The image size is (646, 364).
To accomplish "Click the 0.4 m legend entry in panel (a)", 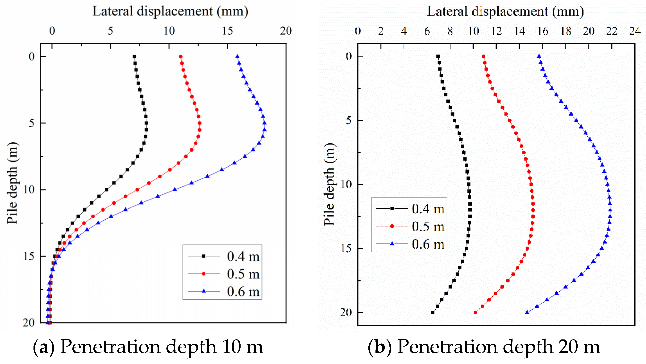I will [x=243, y=256].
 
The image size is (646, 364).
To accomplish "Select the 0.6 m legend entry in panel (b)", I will [x=428, y=244].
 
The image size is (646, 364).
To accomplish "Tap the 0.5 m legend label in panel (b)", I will [x=428, y=226].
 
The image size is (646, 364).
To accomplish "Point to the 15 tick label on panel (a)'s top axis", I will [x=227, y=31].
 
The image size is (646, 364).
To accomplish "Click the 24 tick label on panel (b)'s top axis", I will [x=635, y=31].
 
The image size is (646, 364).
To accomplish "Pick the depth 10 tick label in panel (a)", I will [x=28, y=190].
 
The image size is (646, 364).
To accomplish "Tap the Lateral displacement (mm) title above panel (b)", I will [x=505, y=11].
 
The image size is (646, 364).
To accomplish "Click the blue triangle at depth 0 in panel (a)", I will [x=237, y=56].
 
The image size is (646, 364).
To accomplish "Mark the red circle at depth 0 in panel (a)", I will [x=181, y=57].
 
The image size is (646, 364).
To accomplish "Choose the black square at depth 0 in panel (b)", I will [x=438, y=56].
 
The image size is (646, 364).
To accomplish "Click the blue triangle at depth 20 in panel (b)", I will [x=527, y=313].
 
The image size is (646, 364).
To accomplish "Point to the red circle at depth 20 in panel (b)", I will [x=475, y=313].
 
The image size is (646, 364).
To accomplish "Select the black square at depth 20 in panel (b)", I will [x=433, y=313].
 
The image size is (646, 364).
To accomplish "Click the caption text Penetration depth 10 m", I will [x=162, y=347].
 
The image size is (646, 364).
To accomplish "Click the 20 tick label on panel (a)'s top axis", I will [x=286, y=31].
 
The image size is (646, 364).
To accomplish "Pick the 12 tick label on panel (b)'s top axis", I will [x=496, y=31].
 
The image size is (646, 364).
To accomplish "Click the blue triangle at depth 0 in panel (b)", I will [x=539, y=56].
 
